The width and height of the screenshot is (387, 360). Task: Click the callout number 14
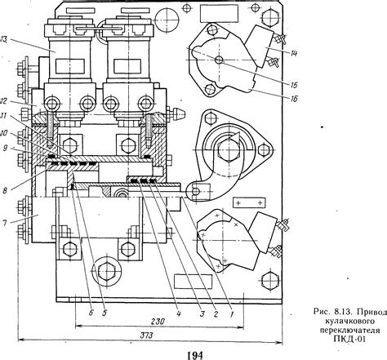[x=293, y=54]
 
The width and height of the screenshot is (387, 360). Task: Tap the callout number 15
[x=293, y=85]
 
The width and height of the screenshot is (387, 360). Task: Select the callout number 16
[x=293, y=99]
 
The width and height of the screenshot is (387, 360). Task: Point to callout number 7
[x=4, y=224]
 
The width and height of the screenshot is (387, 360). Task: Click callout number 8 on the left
[x=5, y=190]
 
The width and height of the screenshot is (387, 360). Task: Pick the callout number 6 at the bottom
[x=91, y=313]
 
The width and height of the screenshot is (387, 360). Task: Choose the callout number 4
[x=178, y=313]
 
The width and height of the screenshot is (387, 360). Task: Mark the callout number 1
[x=232, y=314]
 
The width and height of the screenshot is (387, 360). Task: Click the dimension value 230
[x=158, y=322]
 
